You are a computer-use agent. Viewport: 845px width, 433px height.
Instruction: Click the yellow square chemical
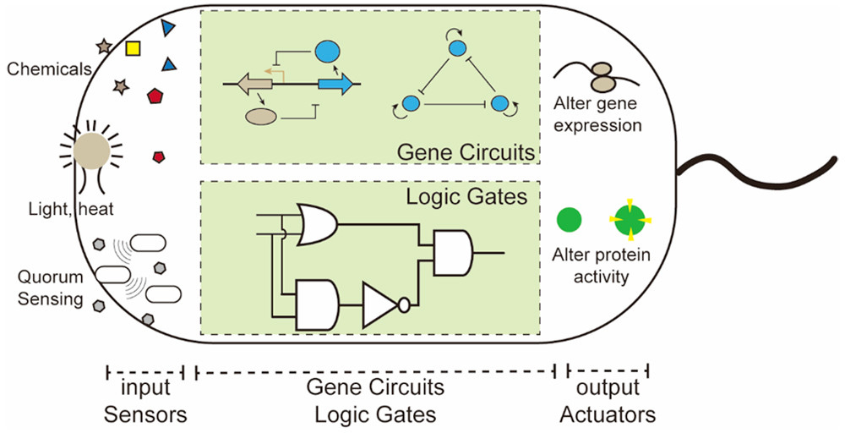click(x=133, y=49)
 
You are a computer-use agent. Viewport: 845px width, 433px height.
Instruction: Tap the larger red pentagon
click(x=155, y=96)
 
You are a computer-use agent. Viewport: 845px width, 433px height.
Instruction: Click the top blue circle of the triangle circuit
click(x=457, y=49)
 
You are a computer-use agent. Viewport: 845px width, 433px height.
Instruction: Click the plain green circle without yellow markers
click(x=569, y=222)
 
